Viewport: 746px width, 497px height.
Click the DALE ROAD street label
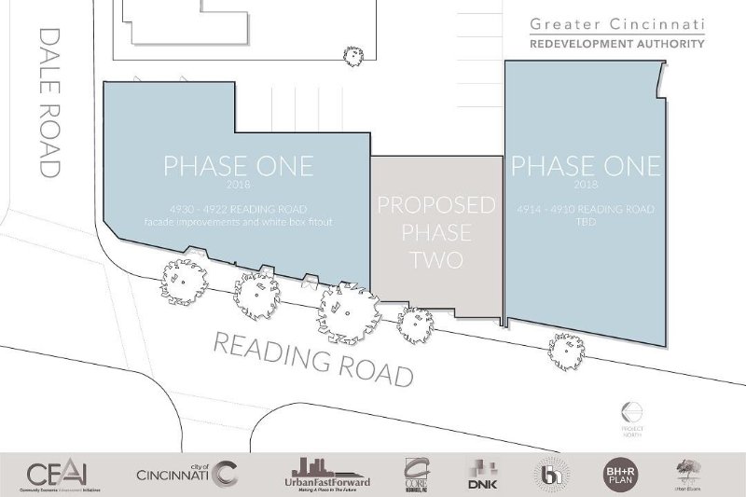coord(49,102)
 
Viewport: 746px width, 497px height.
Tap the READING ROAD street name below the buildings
coord(312,358)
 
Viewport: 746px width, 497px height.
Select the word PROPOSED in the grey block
coord(435,205)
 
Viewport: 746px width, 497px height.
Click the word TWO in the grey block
coord(435,258)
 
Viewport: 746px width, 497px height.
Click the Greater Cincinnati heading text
coord(616,23)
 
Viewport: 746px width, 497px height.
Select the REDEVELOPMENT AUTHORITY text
coord(616,44)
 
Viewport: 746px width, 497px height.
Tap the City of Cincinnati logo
coord(186,474)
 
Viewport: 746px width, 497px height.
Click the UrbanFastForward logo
coord(326,474)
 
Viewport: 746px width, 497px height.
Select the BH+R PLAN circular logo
coord(620,472)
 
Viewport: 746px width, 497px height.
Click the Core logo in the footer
coord(416,474)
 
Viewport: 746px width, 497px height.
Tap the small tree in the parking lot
coord(353,56)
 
